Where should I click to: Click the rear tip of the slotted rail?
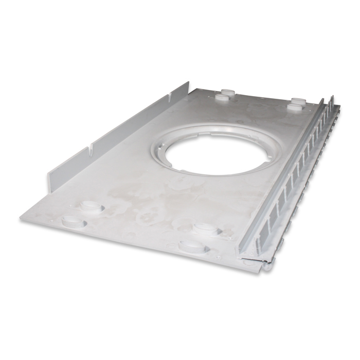[x=332, y=98]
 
